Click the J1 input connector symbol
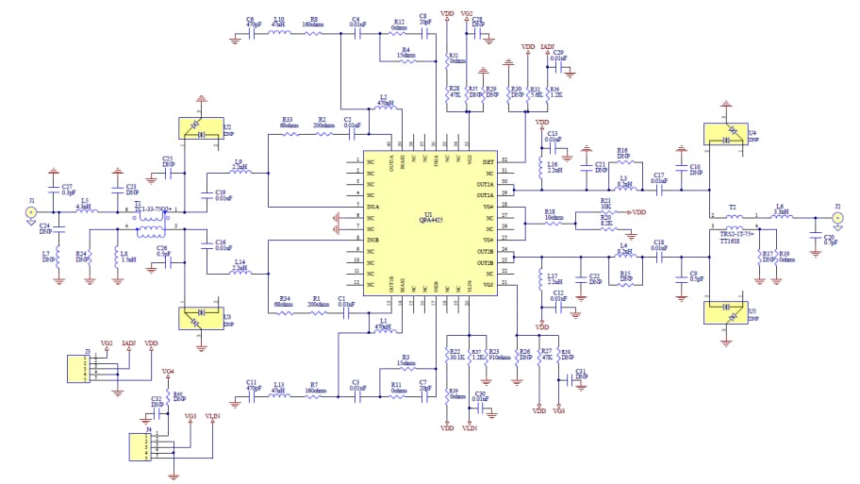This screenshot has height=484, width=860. [x=31, y=212]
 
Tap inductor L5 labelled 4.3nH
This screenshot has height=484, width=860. [x=86, y=212]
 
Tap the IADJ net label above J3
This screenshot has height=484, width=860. [x=129, y=343]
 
